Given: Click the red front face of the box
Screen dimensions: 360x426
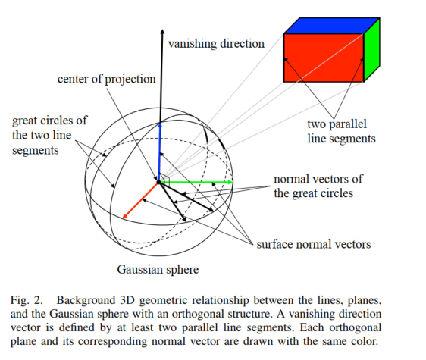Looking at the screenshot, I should [323, 58].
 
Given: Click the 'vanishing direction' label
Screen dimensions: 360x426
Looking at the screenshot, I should [217, 43].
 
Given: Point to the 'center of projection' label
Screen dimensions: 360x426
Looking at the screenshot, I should [106, 79].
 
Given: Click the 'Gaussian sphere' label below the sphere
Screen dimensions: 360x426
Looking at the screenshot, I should [158, 269].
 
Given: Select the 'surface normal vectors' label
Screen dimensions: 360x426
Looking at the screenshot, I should [313, 244].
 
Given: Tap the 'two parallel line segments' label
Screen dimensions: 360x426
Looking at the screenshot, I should [341, 131].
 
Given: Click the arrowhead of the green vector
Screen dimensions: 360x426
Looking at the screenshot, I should [228, 182].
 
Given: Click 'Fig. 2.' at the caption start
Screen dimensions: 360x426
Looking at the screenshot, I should [26, 301].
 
